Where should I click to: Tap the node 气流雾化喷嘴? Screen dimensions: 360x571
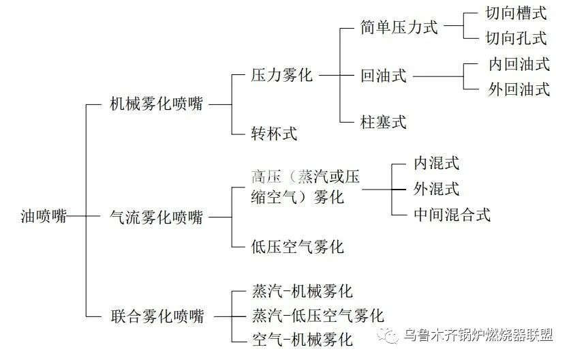tap(156, 217)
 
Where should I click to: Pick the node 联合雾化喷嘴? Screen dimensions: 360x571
tap(156, 316)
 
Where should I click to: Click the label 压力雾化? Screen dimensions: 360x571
tap(281, 74)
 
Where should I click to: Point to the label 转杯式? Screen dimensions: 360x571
tap(274, 133)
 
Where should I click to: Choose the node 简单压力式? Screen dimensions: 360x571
tap(399, 27)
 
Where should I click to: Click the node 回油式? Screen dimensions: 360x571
tap(383, 76)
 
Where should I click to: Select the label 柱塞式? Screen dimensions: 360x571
tap(383, 122)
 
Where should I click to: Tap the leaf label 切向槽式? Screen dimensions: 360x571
tap(515, 14)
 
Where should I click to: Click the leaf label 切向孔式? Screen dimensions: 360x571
tap(515, 37)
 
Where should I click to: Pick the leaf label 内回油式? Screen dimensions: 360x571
tap(519, 64)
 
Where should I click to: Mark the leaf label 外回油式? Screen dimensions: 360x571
tap(519, 89)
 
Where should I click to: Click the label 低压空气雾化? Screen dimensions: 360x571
tap(297, 246)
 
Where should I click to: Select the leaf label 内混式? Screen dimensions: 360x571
tap(436, 163)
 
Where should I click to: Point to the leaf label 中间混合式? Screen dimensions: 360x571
tap(452, 214)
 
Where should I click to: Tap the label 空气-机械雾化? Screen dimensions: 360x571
tap(302, 338)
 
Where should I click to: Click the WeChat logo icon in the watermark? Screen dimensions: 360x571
tap(386, 335)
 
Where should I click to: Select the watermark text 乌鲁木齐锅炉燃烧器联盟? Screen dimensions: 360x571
tap(478, 335)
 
